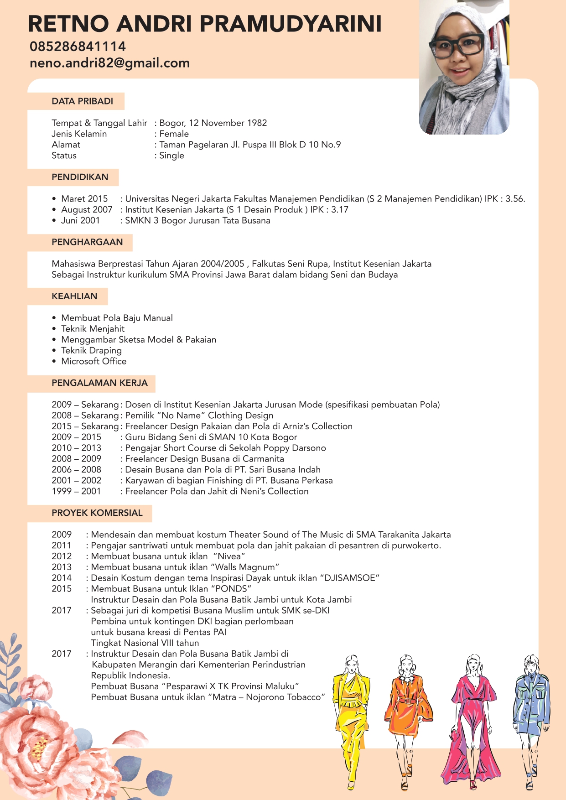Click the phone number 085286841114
point(78,47)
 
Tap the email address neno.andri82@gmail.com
point(109,63)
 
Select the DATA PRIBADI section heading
point(82,101)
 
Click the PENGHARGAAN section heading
point(87,242)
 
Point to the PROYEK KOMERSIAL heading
point(97,513)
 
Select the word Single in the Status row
point(171,156)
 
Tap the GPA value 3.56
point(515,199)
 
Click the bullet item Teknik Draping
point(92,351)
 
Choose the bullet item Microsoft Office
point(94,361)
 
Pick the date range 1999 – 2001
point(76,491)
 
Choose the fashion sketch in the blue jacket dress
point(532,716)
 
